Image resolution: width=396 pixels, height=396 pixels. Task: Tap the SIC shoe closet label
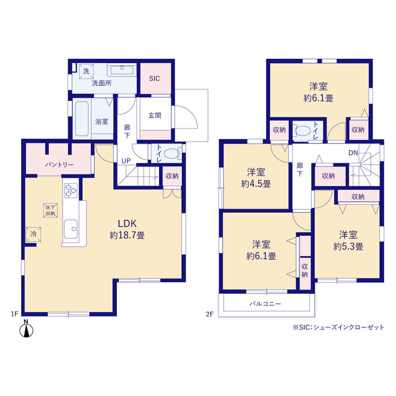(154, 79)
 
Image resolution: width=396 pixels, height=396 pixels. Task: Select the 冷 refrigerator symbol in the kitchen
(33, 234)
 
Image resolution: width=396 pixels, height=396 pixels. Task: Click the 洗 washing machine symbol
(87, 72)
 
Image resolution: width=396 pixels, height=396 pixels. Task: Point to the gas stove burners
(71, 190)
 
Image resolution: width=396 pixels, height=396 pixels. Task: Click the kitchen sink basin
(71, 229)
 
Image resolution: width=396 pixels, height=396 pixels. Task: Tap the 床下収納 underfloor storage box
(50, 210)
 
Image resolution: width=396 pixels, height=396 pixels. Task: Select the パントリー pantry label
(59, 165)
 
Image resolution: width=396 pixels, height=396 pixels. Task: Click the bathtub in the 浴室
(82, 119)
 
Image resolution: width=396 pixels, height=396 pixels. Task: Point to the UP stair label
(126, 161)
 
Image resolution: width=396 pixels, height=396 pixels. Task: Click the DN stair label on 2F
(353, 153)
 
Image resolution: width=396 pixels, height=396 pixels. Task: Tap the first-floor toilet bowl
(171, 153)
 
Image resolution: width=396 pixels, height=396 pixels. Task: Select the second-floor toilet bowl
(303, 131)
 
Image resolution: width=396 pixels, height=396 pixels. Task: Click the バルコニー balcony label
(265, 304)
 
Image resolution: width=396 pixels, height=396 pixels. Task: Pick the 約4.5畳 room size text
(256, 184)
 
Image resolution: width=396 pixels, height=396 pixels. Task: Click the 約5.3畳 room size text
(348, 246)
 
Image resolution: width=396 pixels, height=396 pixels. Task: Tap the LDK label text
(127, 223)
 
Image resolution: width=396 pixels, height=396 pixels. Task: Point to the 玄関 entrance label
(155, 116)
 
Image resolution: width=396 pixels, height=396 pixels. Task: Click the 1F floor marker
(14, 314)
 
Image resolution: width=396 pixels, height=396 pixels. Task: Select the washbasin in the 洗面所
(122, 70)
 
